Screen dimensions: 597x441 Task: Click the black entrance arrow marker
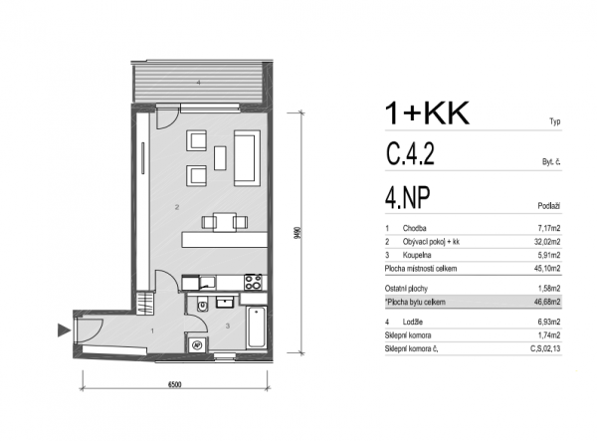tap(64, 330)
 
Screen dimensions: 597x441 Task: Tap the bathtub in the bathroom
tap(257, 328)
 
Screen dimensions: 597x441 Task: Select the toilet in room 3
tap(202, 304)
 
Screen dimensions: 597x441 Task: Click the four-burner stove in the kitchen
tap(253, 282)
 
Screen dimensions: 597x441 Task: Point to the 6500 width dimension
tap(174, 384)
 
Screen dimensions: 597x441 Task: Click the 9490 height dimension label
tap(298, 233)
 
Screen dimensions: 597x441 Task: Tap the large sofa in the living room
tap(247, 157)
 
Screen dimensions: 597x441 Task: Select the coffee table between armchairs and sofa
tap(220, 158)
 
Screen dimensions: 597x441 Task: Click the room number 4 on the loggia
tap(198, 83)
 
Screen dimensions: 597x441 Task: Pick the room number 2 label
tap(177, 207)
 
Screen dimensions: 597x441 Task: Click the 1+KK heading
tap(427, 113)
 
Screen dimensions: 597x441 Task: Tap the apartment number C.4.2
tap(410, 153)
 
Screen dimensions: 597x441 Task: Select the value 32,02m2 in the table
tap(547, 242)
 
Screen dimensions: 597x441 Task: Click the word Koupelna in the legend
tap(417, 255)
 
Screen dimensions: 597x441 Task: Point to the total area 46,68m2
tap(547, 303)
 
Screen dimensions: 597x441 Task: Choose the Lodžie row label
tap(413, 323)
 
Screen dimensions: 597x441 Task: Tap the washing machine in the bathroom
tap(197, 344)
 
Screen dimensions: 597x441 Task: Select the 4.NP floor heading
tap(408, 198)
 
